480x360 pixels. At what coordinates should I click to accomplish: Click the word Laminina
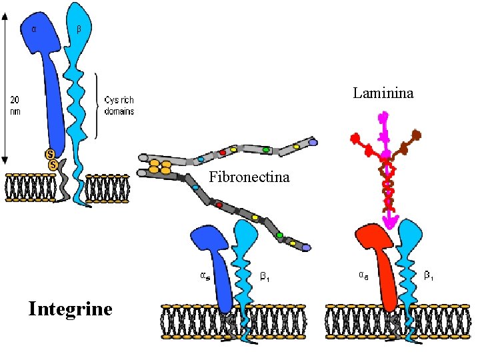[383, 93]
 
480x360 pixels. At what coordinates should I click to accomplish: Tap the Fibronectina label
[249, 177]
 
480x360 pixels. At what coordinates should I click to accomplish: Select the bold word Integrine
[70, 309]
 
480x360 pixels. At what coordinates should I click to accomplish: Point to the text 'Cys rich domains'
[120, 106]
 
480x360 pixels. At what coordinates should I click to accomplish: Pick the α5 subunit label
[207, 274]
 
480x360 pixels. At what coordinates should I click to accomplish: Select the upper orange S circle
[50, 154]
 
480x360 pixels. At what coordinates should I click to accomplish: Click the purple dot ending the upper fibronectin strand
[313, 142]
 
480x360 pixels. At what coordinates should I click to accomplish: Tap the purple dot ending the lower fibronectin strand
[305, 247]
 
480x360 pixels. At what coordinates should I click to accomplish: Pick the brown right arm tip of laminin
[417, 136]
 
